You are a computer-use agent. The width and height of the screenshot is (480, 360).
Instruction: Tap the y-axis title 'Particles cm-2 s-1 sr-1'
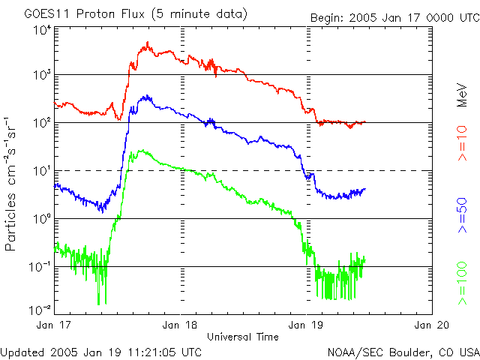[12, 184]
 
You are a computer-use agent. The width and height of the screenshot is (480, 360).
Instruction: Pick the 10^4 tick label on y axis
[41, 29]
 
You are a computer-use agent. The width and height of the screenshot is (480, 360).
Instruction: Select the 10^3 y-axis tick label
[41, 76]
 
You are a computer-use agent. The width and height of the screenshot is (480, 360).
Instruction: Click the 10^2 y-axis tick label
[41, 123]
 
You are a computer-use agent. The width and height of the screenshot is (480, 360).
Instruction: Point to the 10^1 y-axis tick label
[41, 171]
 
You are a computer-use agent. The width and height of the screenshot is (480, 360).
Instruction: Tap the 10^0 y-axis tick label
[41, 219]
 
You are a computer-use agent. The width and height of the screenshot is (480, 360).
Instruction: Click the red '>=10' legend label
[463, 143]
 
